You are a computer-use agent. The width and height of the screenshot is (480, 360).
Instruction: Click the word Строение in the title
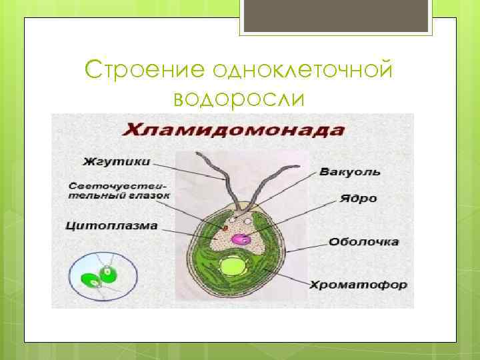point(148,69)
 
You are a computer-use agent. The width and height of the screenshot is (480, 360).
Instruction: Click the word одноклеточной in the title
point(303,69)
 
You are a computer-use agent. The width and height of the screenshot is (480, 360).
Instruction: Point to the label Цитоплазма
point(112,225)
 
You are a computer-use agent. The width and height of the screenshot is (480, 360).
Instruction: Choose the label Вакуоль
point(350,171)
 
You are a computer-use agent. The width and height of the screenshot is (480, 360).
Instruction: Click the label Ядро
point(358,198)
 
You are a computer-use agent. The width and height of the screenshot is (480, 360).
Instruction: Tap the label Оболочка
point(364,241)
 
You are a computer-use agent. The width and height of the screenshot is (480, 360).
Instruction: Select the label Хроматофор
point(358,285)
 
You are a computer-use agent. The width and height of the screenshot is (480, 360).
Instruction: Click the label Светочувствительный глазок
point(119,191)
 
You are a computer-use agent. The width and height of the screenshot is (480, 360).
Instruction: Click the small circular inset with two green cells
point(103,274)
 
